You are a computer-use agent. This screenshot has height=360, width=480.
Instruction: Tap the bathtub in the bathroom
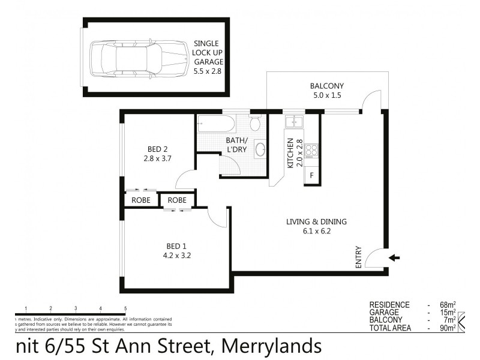(x=214, y=127)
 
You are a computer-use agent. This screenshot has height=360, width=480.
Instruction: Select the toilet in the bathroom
(x=254, y=124)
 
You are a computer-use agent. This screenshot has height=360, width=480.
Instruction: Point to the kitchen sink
(x=295, y=122)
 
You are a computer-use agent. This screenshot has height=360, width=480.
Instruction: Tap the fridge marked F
(x=311, y=175)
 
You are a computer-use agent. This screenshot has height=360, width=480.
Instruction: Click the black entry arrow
(x=394, y=258)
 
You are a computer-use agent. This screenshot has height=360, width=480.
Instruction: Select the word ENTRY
(x=359, y=257)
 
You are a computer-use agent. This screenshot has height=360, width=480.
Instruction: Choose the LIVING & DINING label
(x=316, y=221)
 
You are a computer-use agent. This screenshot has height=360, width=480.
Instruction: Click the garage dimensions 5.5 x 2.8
(x=207, y=70)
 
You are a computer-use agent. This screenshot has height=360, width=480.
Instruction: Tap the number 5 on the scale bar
(x=125, y=308)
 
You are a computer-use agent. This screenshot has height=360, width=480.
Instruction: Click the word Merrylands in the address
(x=272, y=346)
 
